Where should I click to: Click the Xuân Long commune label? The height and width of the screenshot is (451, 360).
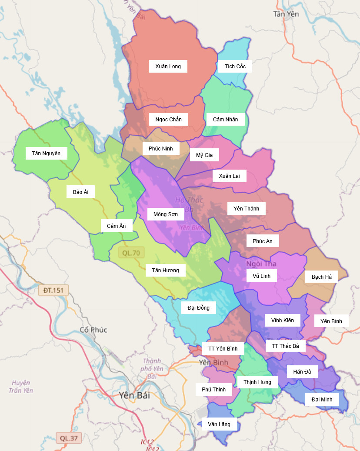(x=168, y=67)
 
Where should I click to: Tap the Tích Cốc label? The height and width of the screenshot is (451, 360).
(x=235, y=67)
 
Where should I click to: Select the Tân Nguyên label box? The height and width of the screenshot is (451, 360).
(x=46, y=153)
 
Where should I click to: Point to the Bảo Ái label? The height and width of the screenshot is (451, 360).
(x=80, y=192)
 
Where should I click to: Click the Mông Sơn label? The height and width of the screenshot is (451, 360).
(x=166, y=214)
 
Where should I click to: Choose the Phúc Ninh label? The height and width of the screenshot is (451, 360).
(x=160, y=149)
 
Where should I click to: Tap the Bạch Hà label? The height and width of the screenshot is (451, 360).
(x=321, y=277)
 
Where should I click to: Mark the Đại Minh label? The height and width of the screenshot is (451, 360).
(x=322, y=399)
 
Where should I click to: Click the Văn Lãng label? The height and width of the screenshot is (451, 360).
(x=219, y=424)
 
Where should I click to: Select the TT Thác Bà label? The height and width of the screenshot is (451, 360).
(x=285, y=346)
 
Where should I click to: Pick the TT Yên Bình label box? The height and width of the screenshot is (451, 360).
(x=223, y=349)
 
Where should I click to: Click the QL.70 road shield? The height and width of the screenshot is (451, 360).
(x=131, y=253)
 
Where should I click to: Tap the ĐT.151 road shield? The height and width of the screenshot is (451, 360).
(x=53, y=290)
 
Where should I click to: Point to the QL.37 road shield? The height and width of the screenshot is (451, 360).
(x=69, y=438)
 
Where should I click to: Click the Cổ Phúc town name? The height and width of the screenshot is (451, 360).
(x=93, y=330)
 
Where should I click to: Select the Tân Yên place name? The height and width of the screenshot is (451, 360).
(x=286, y=14)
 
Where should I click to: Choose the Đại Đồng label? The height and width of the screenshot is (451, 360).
(x=198, y=308)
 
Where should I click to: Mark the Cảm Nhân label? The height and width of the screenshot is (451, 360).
(x=225, y=119)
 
